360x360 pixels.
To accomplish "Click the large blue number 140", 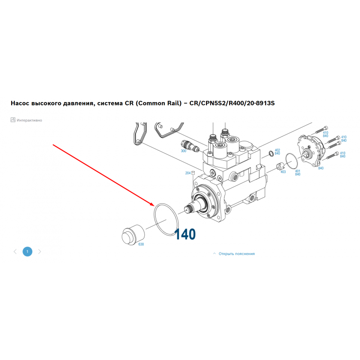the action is point(185,234).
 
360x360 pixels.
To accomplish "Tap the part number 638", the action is point(141,244).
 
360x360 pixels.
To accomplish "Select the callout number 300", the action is point(184,151).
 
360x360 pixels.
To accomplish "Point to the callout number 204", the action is point(188,173).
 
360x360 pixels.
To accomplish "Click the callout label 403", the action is point(283,172).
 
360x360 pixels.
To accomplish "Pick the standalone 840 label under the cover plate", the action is point(321,168).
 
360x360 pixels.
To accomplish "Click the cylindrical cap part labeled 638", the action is point(133,234).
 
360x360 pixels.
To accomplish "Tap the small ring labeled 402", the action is point(271,154).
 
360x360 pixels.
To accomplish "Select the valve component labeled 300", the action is point(190,145).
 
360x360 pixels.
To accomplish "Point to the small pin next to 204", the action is point(193,173).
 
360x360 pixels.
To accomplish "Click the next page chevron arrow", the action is point(40,252).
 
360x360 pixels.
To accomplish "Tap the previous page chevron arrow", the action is point(15,252).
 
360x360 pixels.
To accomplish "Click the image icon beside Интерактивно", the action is point(13,120).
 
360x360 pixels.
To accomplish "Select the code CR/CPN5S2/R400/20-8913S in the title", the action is point(232,103).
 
